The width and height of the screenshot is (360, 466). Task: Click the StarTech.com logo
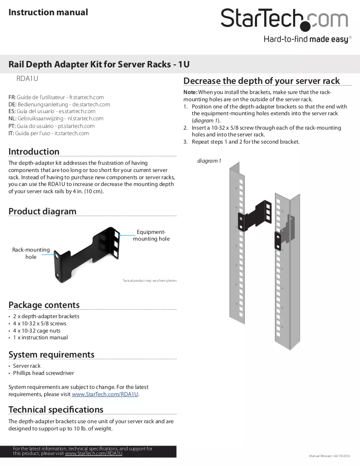[x=284, y=20]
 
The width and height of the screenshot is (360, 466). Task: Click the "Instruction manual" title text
[x=48, y=12]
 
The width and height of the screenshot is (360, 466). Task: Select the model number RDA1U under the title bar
[x=28, y=78]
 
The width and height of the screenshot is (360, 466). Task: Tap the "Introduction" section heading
[x=34, y=152]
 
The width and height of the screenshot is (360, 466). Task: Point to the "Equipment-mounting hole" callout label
[x=151, y=236]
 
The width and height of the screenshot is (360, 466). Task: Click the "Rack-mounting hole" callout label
[x=31, y=253]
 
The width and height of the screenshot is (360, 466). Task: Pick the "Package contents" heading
[x=44, y=305]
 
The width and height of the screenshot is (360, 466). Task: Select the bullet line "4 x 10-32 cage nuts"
[x=36, y=330]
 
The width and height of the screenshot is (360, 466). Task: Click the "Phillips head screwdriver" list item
[x=43, y=373]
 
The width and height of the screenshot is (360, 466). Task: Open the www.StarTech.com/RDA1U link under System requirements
[x=105, y=394]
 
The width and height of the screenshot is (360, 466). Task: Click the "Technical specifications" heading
[x=56, y=410]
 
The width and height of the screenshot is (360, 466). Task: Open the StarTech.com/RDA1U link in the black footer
[x=94, y=454]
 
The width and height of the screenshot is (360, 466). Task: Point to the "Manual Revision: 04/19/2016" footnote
[x=330, y=456]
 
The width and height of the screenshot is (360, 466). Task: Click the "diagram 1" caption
[x=209, y=161]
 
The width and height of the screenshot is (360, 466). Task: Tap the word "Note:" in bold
[x=190, y=92]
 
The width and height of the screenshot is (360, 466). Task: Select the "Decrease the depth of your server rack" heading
[x=261, y=81]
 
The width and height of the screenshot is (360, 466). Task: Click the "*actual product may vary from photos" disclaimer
[x=150, y=280]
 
